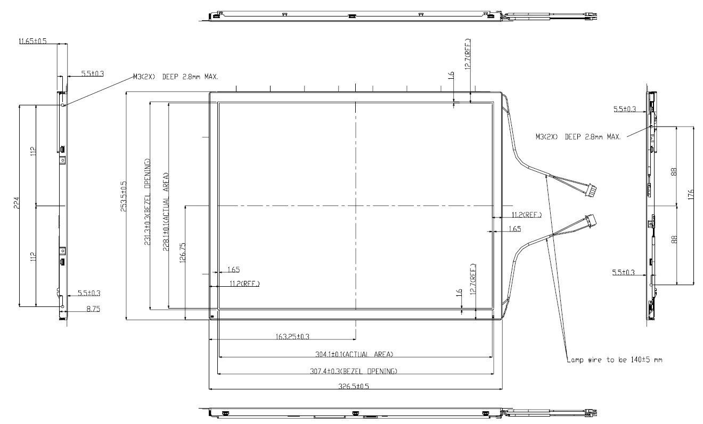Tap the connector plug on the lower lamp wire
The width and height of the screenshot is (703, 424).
pos(590,220)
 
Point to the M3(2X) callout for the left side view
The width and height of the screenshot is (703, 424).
pos(175,77)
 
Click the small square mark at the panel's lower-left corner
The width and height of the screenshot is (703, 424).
pos(212,317)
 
